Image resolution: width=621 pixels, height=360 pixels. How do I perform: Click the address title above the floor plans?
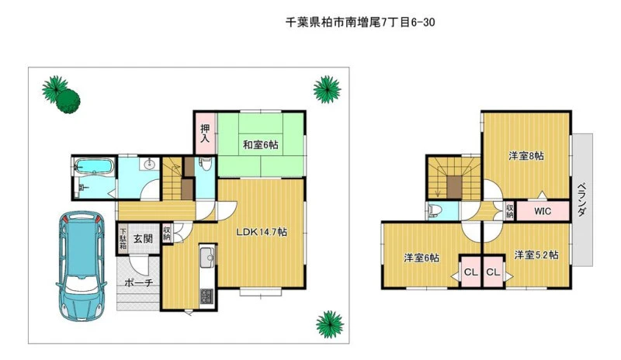[360, 22]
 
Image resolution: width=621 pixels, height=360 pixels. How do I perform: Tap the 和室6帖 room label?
[260, 145]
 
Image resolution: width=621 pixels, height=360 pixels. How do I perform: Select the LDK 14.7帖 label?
[262, 232]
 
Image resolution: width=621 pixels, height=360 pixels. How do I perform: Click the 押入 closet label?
[205, 133]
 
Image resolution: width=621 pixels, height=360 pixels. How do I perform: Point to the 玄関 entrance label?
[143, 238]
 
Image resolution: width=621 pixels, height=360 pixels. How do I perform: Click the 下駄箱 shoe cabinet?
[123, 238]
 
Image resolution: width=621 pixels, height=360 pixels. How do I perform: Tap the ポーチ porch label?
[139, 282]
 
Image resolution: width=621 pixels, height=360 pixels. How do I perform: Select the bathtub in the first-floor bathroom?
[94, 166]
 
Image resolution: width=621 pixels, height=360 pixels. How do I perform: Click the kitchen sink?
[207, 257]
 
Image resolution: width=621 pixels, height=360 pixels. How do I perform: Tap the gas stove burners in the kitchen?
[206, 296]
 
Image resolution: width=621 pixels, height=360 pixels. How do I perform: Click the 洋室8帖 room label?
[526, 156]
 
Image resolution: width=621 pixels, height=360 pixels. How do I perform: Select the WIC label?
[542, 211]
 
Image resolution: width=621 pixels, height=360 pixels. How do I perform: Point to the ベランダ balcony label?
[581, 199]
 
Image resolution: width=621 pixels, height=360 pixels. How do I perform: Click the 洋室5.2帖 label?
[536, 254]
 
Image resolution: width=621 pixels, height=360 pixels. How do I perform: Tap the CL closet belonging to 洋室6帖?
[471, 272]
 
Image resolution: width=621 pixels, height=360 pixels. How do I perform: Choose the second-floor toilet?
[435, 210]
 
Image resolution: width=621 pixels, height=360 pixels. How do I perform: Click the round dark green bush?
[68, 101]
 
